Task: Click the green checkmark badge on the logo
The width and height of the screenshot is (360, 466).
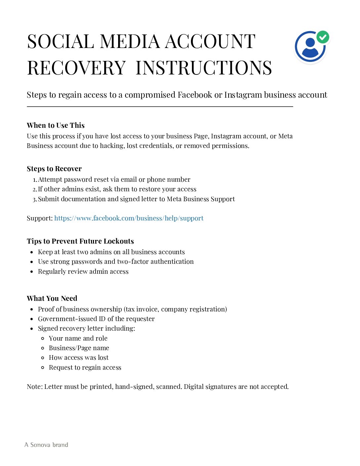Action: pos(323,37)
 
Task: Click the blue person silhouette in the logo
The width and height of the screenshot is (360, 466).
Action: pos(310,48)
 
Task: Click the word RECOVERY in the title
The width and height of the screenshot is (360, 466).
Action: pos(76,68)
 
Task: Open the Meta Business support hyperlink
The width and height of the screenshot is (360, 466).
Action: pos(129,218)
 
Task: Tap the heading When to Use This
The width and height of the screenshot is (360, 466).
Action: pos(56,125)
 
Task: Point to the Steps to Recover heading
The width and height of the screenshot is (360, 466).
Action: pos(54,169)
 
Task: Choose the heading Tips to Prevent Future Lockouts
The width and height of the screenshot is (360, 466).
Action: pos(80,241)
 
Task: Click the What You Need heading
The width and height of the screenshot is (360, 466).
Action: pos(52,299)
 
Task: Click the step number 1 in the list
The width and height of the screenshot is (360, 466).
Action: pos(35,180)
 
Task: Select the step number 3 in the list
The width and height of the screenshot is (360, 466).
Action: pos(35,200)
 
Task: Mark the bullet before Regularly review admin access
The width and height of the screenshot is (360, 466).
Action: pos(32,272)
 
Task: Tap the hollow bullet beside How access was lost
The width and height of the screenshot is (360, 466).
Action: pos(43,358)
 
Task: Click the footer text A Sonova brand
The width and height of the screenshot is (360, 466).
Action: pos(46,445)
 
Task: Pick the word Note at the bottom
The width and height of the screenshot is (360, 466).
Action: pos(34,387)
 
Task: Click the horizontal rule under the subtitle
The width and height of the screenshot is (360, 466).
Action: pos(160,107)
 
